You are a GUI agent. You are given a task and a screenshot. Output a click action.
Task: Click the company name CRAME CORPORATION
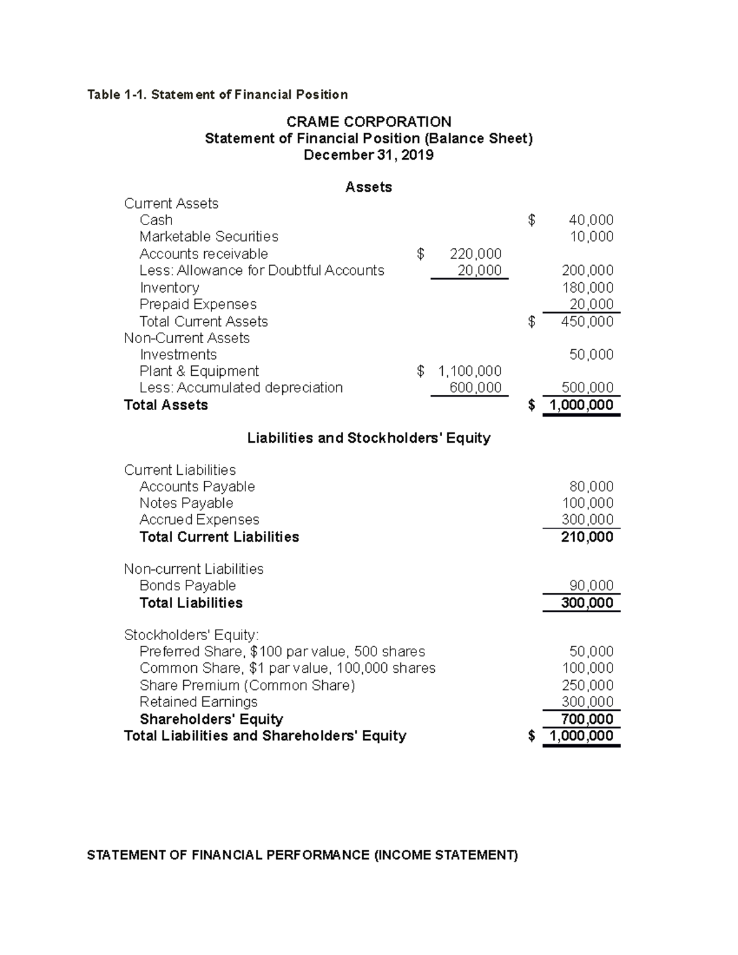click(x=368, y=122)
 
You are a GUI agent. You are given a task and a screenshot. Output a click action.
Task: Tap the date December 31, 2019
click(x=368, y=155)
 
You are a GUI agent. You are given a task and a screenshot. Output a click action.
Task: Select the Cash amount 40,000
click(x=591, y=220)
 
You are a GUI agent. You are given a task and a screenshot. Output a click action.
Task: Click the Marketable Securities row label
click(x=208, y=237)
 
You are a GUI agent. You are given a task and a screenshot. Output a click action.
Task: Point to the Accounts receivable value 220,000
click(x=475, y=254)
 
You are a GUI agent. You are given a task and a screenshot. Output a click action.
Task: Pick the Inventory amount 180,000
click(x=587, y=288)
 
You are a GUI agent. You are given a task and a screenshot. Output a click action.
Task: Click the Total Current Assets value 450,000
click(x=587, y=322)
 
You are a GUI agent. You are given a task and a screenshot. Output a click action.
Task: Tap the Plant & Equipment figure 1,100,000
click(x=469, y=371)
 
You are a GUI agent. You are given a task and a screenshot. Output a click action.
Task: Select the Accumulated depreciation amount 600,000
click(x=475, y=388)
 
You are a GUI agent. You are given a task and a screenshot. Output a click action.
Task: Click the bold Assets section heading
click(x=368, y=188)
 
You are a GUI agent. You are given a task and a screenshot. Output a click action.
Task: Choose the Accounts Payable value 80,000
click(x=591, y=486)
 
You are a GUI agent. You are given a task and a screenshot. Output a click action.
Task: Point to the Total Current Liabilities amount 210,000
click(x=587, y=537)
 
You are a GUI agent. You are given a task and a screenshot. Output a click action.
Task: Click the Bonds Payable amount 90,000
click(x=591, y=585)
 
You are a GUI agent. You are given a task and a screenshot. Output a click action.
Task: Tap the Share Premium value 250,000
click(x=587, y=686)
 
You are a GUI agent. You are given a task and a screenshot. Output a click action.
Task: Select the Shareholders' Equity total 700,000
click(x=587, y=719)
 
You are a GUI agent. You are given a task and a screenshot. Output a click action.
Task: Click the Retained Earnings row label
click(x=198, y=702)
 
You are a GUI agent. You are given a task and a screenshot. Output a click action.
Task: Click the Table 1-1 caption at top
click(x=217, y=95)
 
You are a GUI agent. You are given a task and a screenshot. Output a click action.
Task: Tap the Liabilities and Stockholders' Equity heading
click(x=368, y=438)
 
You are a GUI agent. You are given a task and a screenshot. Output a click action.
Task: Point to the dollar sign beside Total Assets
click(x=532, y=405)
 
